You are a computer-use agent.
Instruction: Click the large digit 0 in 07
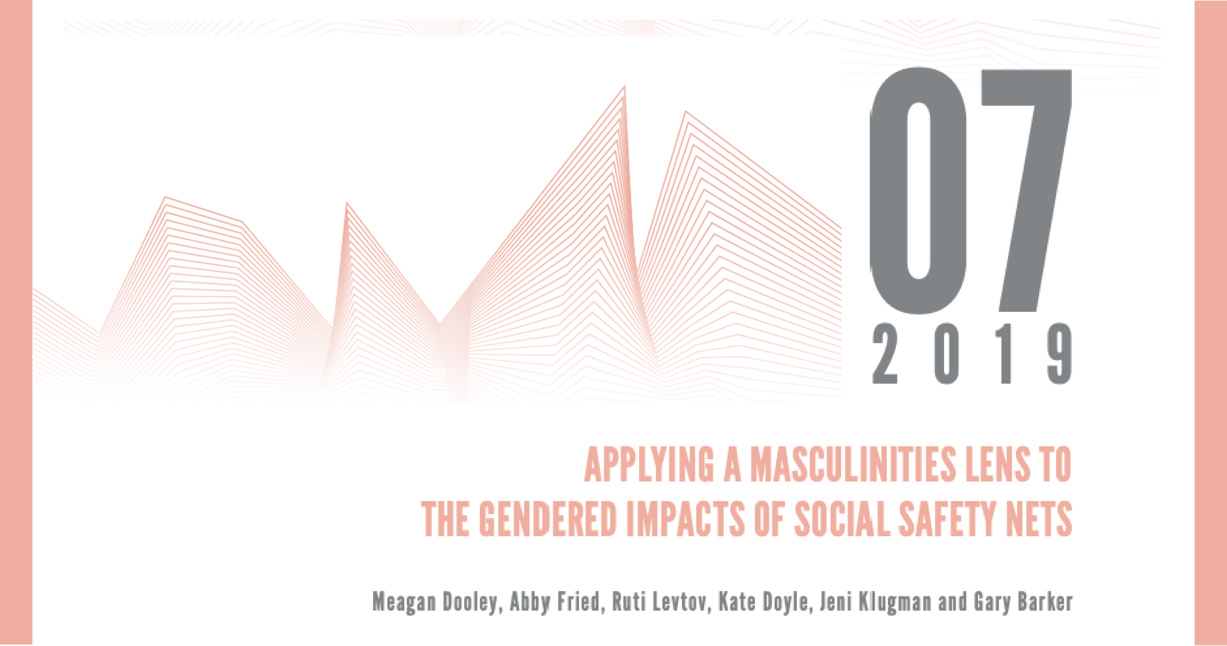point(918,191)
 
